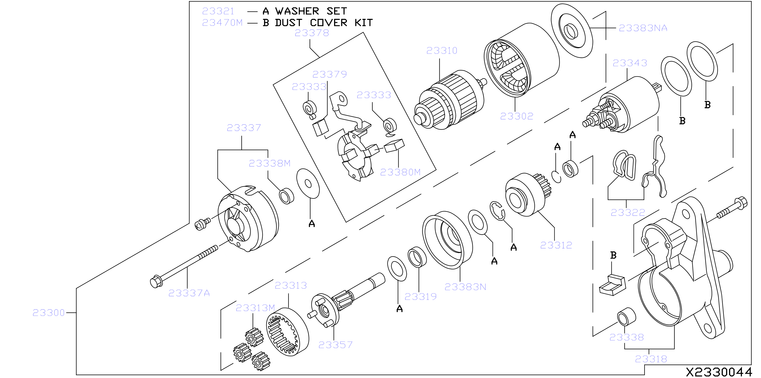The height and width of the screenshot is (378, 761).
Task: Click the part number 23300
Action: (49, 313)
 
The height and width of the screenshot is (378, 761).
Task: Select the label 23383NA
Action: (643, 28)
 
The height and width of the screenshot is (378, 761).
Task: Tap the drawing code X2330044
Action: (719, 372)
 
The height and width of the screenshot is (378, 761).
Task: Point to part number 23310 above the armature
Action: (442, 50)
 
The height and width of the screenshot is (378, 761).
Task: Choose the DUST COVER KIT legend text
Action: (324, 23)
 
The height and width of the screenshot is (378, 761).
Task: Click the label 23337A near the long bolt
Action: (189, 293)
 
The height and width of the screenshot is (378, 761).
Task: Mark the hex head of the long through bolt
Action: (156, 281)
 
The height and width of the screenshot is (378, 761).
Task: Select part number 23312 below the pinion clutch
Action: (556, 245)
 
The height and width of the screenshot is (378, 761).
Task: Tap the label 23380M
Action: (400, 172)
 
